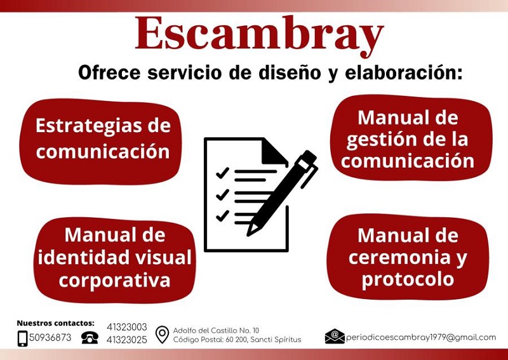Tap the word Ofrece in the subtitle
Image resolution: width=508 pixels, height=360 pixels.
[x=109, y=72]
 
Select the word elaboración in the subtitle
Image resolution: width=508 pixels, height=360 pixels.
[x=403, y=72]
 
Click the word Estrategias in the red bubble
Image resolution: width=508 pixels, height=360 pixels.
[x=88, y=126]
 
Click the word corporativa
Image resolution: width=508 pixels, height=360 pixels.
[x=115, y=280]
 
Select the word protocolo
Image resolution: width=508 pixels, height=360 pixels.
[x=408, y=280]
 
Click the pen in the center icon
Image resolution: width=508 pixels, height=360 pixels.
[x=281, y=193]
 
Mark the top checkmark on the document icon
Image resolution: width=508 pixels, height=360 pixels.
[x=222, y=173]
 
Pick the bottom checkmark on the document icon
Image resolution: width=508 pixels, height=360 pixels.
[x=222, y=215]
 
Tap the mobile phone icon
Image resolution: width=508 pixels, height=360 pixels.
[x=22, y=338]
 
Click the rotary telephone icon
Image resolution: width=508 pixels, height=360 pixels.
[x=90, y=338]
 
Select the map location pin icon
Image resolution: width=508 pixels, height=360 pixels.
[x=162, y=335]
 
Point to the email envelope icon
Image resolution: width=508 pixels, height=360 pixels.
[x=335, y=337]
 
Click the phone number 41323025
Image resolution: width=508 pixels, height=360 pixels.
[x=126, y=340]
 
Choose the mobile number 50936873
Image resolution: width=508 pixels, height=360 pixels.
[x=50, y=338]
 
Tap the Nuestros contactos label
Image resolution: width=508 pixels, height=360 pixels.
[x=55, y=323]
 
